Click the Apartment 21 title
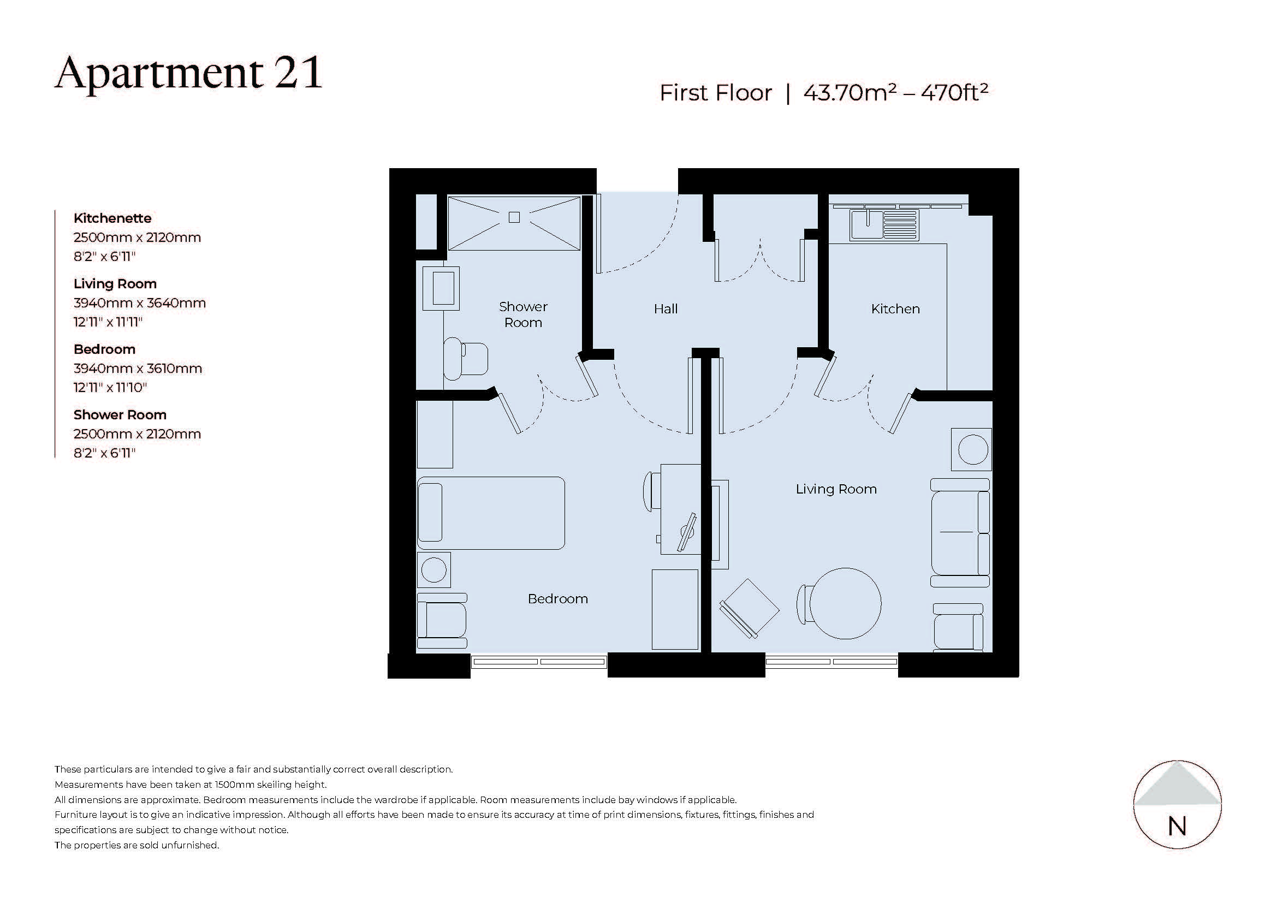click(188, 73)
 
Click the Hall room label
click(665, 309)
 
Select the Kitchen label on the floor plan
click(895, 309)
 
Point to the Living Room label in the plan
click(835, 489)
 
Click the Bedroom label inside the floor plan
click(557, 599)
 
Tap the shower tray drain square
click(514, 217)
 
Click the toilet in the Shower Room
click(466, 359)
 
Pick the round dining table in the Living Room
click(845, 603)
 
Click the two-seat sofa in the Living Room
click(960, 533)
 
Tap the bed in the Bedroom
click(491, 513)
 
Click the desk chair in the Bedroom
click(650, 491)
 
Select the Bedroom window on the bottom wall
click(538, 662)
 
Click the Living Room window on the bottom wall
click(831, 662)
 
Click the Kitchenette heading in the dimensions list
click(112, 218)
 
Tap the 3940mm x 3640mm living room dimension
click(140, 303)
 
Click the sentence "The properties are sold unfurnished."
click(136, 845)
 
